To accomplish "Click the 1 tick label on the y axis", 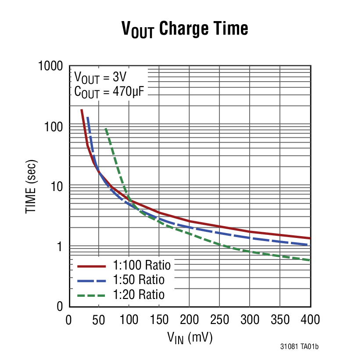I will (x=61, y=246).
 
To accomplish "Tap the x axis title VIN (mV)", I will (x=190, y=338).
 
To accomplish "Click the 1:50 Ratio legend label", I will (x=138, y=280).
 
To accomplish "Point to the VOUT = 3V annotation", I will (x=100, y=78).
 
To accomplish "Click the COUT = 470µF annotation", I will (x=110, y=92).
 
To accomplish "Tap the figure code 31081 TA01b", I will (x=299, y=347).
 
